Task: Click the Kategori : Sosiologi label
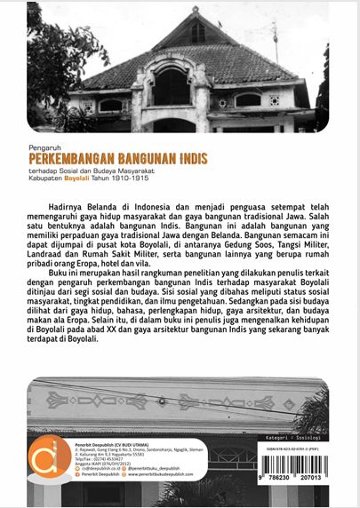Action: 303,412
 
